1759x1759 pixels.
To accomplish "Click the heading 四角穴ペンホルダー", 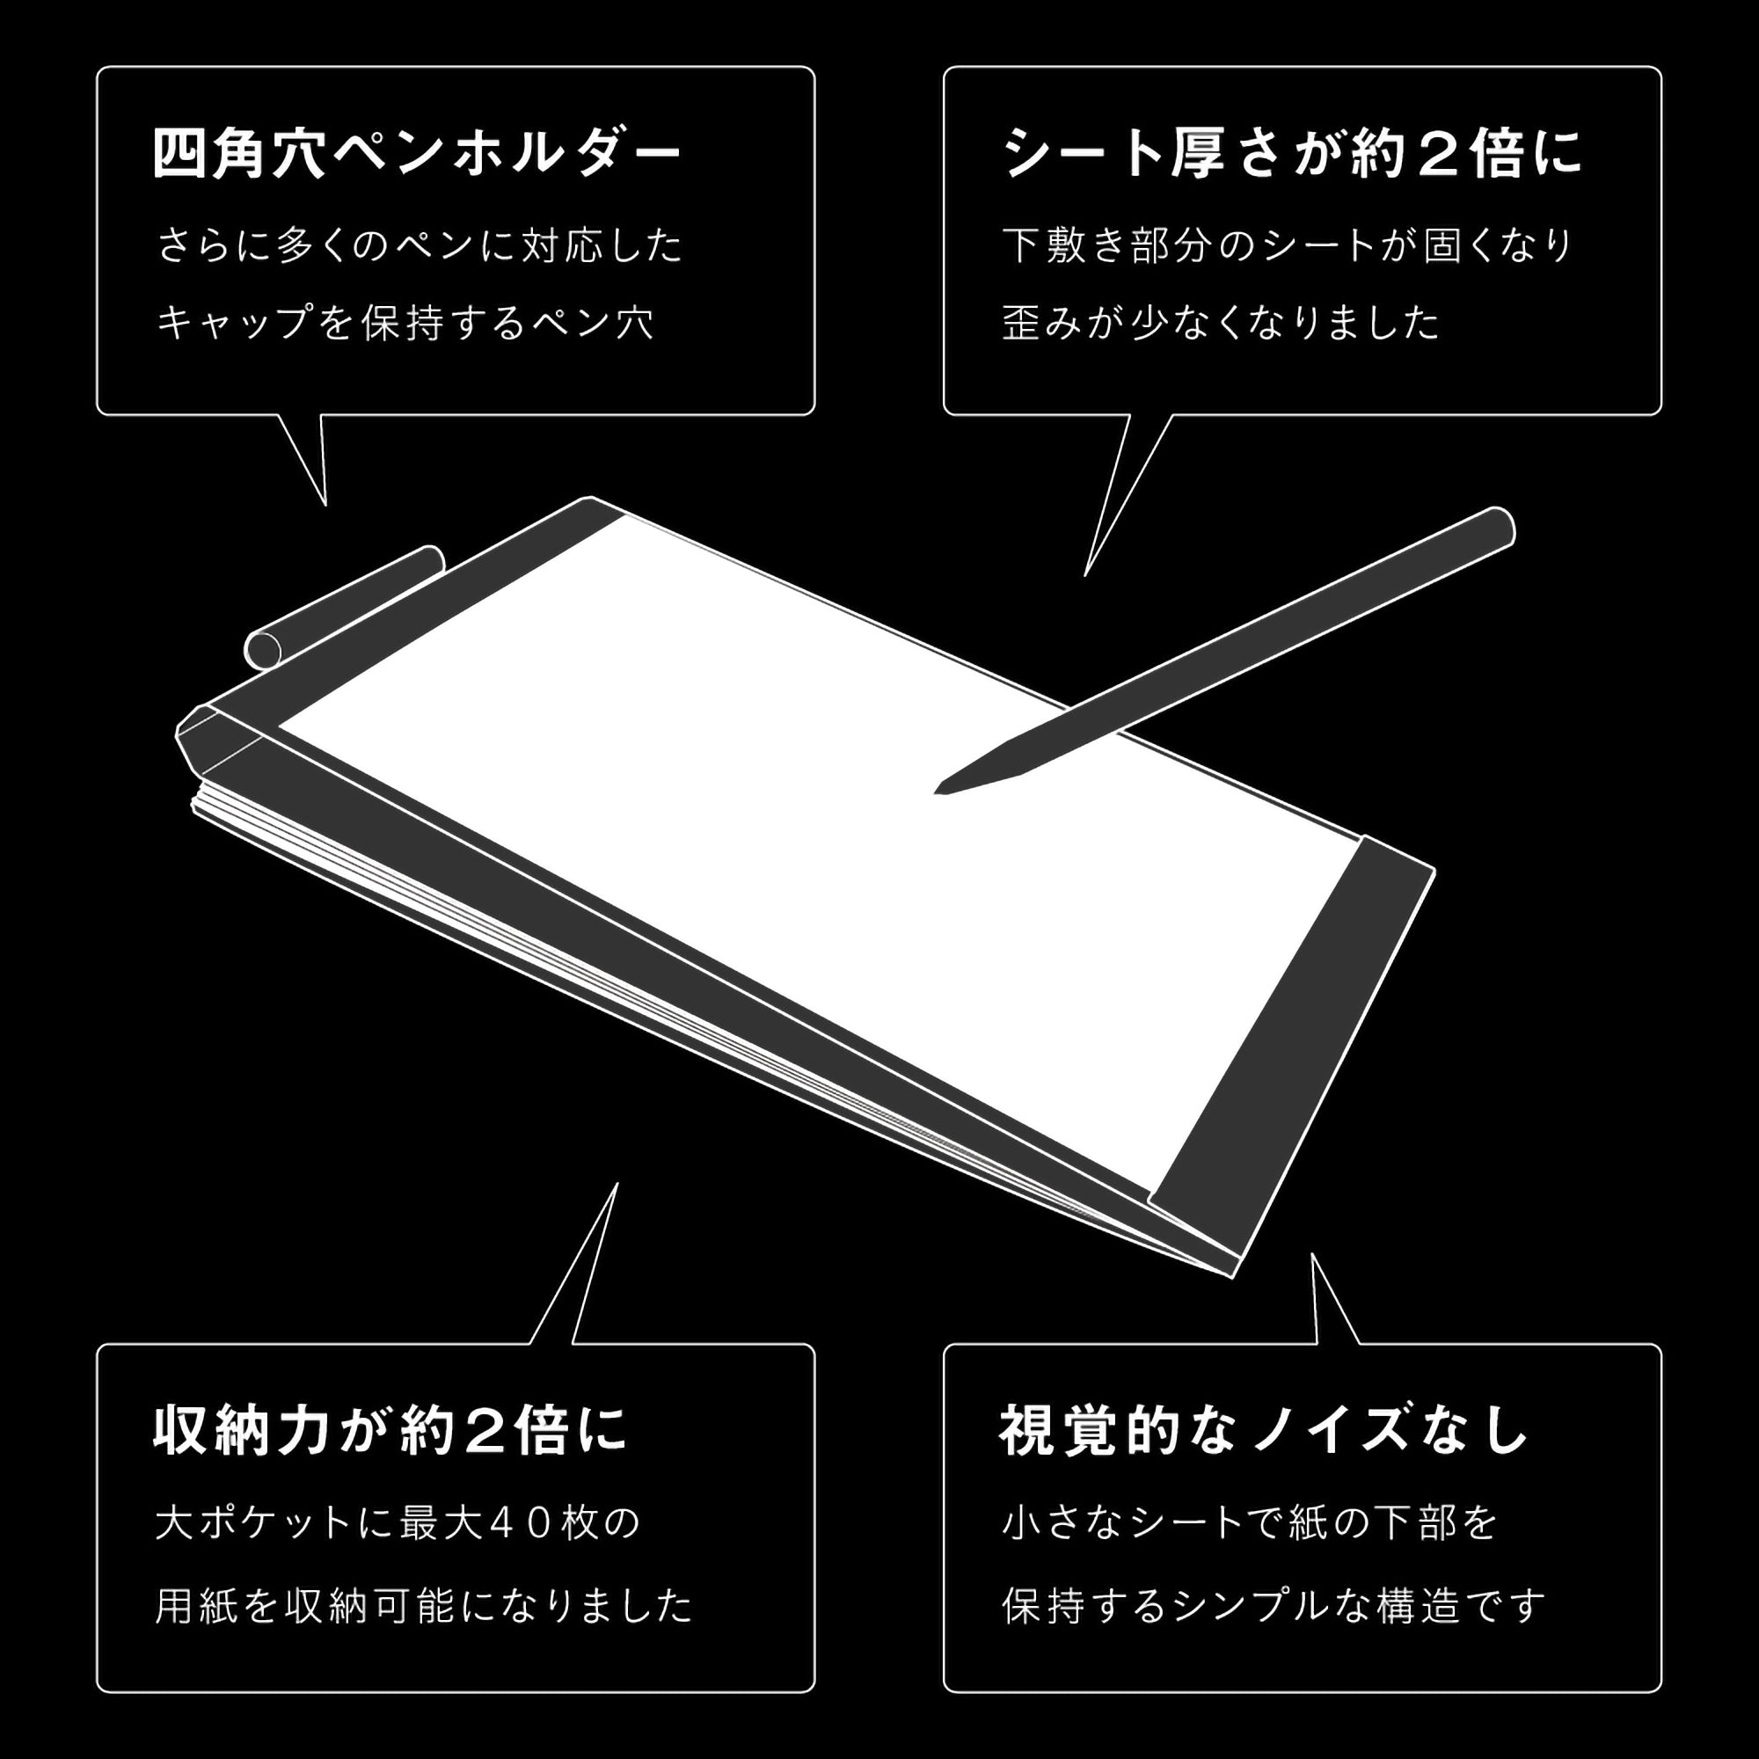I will pyautogui.click(x=416, y=154).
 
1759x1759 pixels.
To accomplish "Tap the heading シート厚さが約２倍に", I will pyautogui.click(x=1292, y=153).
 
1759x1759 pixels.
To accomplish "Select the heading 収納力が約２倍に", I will pyautogui.click(x=390, y=1430).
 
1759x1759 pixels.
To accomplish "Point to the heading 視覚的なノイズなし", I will pyautogui.click(x=1263, y=1430).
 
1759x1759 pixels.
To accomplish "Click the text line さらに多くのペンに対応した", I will pyautogui.click(x=420, y=246).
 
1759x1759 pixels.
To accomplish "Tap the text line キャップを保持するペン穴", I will pyautogui.click(x=405, y=322).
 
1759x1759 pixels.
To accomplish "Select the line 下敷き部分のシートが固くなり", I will pyautogui.click(x=1288, y=246).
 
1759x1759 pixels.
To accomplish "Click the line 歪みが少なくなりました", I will pyautogui.click(x=1220, y=322).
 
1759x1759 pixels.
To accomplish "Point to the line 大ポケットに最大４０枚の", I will pyautogui.click(x=398, y=1522).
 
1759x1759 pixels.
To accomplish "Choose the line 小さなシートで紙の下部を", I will pyautogui.click(x=1249, y=1522).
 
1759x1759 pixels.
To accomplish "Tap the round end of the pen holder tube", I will pyautogui.click(x=263, y=649).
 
